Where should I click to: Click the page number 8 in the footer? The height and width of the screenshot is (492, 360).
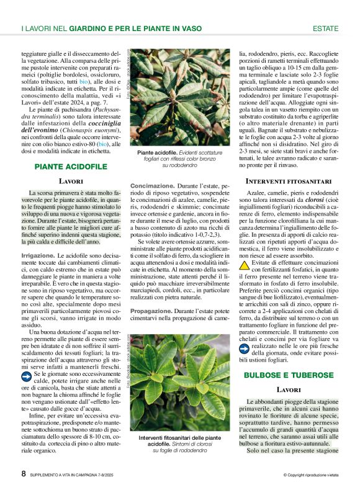[23, 473]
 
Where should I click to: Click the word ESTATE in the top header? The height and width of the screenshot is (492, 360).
[325, 29]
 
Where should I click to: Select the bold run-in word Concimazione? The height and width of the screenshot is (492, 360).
[152, 186]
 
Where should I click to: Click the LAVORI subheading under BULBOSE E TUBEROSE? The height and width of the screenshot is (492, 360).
[289, 389]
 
